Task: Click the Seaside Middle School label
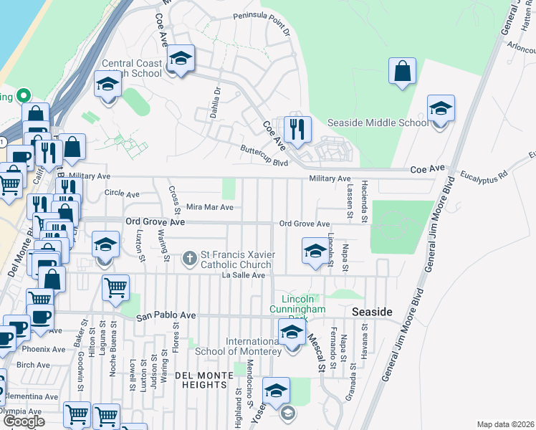[x=378, y=123]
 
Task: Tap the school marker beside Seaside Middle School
[x=441, y=110]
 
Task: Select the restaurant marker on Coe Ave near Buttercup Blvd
[x=297, y=130]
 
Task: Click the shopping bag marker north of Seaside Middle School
[x=402, y=72]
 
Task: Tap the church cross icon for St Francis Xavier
[x=190, y=257]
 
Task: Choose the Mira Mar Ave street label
[x=210, y=207]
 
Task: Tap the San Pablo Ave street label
[x=166, y=315]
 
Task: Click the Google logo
[x=24, y=421]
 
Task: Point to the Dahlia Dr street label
[x=214, y=100]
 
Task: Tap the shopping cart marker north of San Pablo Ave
[x=115, y=288]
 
